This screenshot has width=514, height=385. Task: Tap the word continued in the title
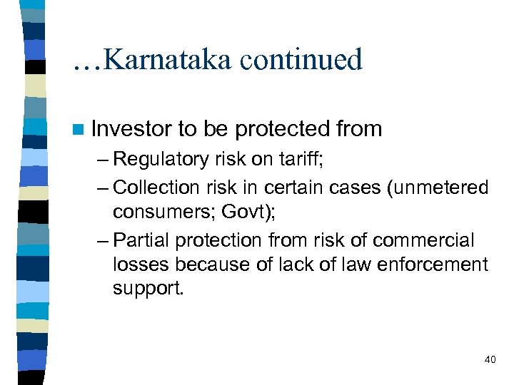coord(301,59)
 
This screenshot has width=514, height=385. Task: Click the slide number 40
coord(490,359)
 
